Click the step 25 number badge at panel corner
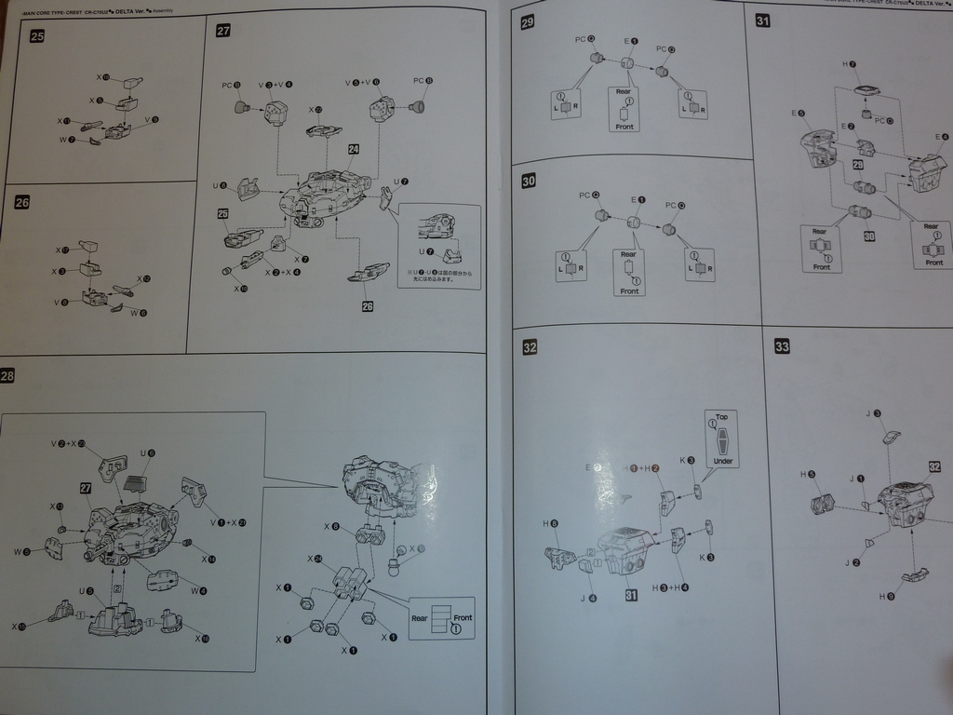[37, 36]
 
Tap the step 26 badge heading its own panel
[23, 201]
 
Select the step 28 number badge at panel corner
[7, 376]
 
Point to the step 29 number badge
[528, 22]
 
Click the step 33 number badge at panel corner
[782, 346]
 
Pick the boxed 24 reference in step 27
[354, 149]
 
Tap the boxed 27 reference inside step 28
[86, 488]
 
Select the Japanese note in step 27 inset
[439, 275]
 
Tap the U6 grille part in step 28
[136, 483]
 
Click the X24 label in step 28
[315, 559]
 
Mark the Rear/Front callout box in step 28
[442, 618]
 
